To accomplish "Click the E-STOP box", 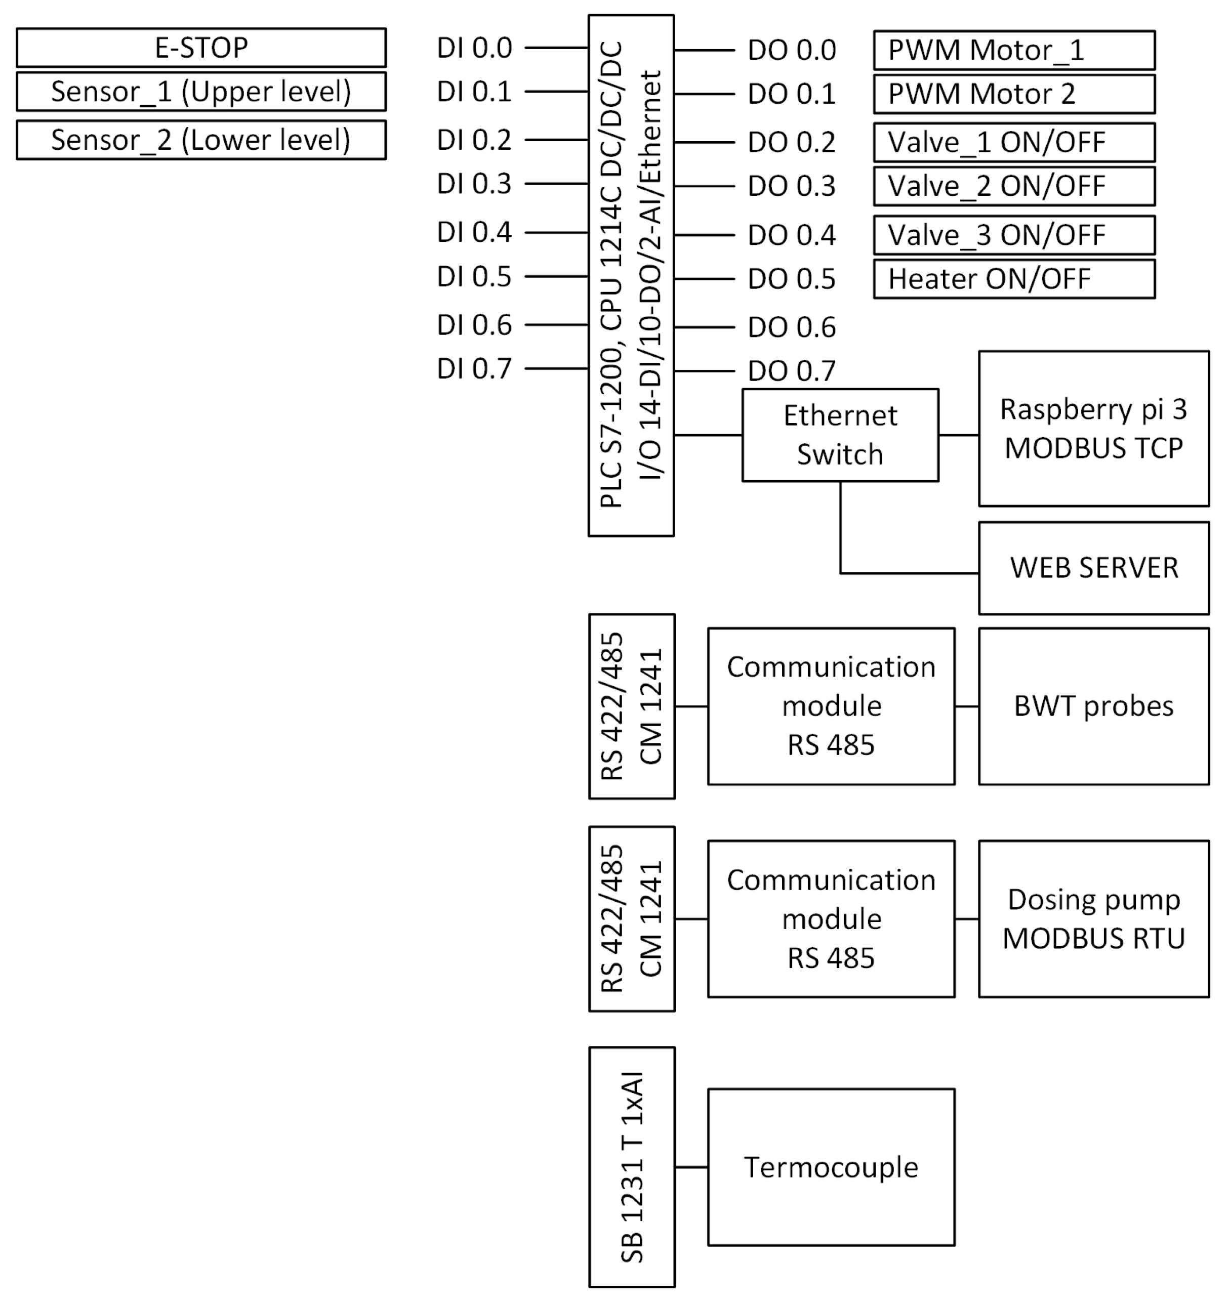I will [x=201, y=47].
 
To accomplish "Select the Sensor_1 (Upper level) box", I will [x=201, y=91].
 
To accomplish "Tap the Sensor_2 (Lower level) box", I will [x=201, y=140].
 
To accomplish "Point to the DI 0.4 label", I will [x=474, y=232].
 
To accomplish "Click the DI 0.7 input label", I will [x=474, y=369].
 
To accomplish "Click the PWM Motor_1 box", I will [x=1014, y=50].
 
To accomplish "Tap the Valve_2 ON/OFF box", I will [x=1014, y=186].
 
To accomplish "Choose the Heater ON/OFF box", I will [x=1014, y=279].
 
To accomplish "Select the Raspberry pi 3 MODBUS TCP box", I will [x=1093, y=428].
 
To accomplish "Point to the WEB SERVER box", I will [x=1093, y=568].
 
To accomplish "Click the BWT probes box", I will [x=1093, y=706].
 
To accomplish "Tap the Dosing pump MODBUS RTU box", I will [x=1093, y=919].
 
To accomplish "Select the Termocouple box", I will [x=831, y=1167].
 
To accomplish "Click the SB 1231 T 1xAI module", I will [x=631, y=1167].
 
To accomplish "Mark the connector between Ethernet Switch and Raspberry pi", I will [x=958, y=435].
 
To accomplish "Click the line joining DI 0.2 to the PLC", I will [x=556, y=140].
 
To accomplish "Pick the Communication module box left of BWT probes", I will [x=831, y=706].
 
